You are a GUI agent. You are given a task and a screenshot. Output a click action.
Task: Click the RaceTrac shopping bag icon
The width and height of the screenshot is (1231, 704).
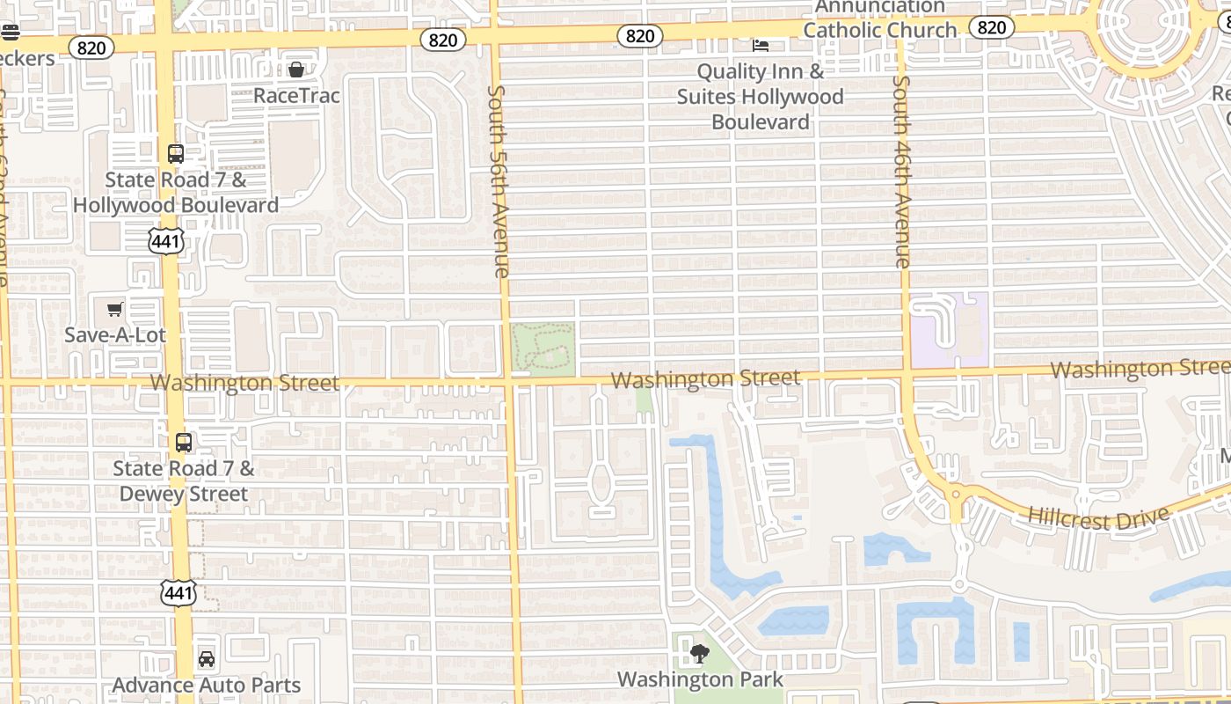point(296,70)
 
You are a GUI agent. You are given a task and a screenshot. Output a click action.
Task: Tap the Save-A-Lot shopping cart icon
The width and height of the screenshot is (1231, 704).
point(114,309)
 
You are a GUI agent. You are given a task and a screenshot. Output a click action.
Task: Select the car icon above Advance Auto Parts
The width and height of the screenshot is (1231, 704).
point(206,658)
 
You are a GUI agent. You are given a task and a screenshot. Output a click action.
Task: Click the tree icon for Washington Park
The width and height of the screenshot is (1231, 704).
point(699,653)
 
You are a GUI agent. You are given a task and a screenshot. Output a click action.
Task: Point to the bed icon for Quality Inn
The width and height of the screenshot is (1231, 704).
point(761,45)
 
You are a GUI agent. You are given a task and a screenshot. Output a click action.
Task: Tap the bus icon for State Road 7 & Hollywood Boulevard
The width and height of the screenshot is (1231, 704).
point(176,154)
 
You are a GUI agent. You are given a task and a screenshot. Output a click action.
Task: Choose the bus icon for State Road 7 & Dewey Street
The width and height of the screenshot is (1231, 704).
point(183,443)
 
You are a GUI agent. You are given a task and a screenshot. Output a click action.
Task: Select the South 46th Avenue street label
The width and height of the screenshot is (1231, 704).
point(901,172)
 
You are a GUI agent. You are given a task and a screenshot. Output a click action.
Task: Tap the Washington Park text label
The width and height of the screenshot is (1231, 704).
point(699,679)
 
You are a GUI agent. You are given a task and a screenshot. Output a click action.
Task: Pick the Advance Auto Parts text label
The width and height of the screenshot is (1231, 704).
point(207,685)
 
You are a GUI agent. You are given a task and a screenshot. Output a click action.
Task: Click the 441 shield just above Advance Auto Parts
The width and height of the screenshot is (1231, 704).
point(178,593)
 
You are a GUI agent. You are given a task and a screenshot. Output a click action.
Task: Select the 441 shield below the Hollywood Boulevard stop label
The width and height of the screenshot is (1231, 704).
point(165,241)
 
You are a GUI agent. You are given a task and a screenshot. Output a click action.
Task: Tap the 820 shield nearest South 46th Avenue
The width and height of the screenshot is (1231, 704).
point(992,27)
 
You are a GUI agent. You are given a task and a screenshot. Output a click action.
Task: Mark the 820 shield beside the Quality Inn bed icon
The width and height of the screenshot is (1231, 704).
point(640,35)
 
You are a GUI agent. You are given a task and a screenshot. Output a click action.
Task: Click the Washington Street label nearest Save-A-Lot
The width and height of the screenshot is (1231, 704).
point(244,383)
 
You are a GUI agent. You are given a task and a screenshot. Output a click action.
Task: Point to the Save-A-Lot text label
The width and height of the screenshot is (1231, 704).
point(115,335)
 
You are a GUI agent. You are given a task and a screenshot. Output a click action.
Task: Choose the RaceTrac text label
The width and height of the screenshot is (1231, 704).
point(296,95)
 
